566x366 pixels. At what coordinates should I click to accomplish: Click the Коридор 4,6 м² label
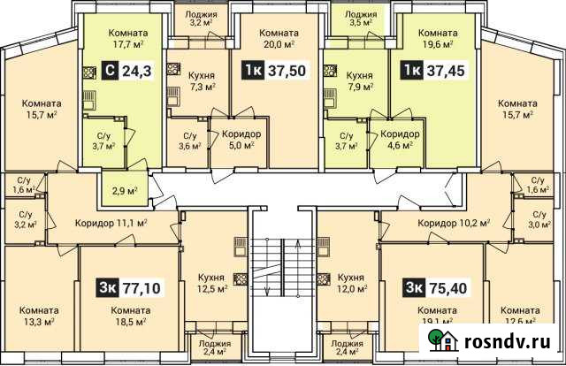[399, 140]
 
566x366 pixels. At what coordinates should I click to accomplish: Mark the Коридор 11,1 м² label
[111, 223]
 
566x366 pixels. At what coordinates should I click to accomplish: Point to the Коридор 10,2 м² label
[454, 223]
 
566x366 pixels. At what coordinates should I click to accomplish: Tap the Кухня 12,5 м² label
[211, 281]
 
